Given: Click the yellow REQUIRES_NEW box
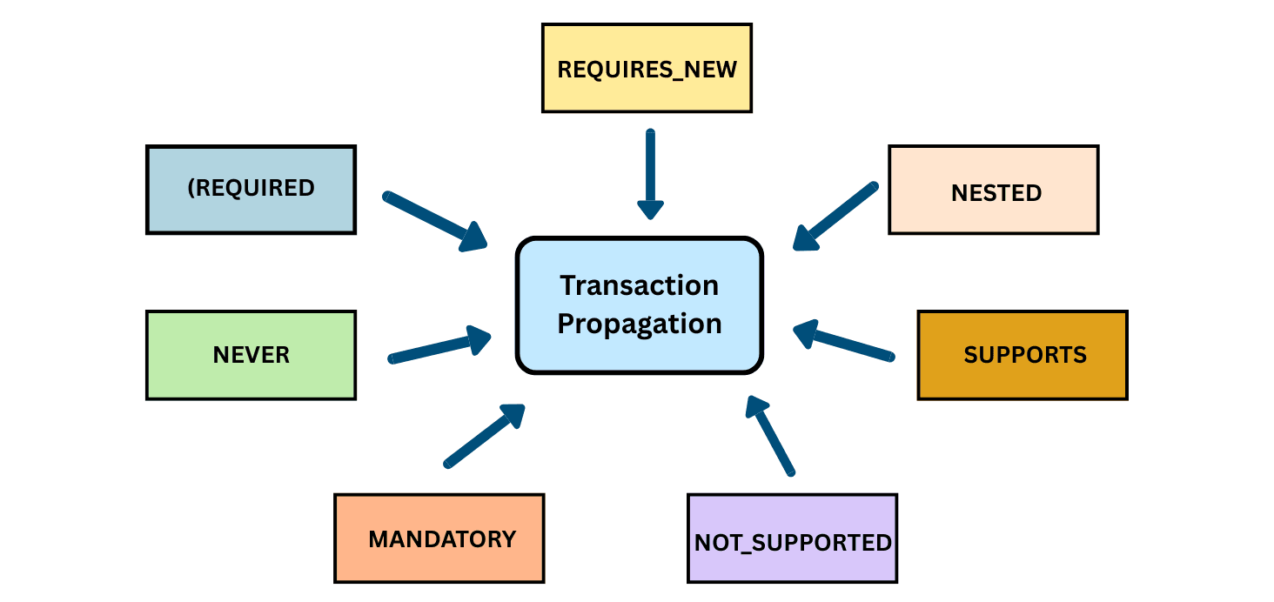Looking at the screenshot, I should tap(647, 68).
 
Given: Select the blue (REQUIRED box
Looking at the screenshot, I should tap(251, 190).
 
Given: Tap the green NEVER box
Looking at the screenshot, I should tap(251, 355).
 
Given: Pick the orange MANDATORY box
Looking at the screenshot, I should tap(439, 538).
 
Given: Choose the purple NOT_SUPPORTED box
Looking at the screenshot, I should tap(792, 538).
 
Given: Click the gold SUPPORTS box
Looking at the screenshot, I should tap(1023, 355).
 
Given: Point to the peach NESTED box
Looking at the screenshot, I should tap(993, 190).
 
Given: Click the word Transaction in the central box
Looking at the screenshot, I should tap(640, 284).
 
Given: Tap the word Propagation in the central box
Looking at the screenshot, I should tap(640, 324).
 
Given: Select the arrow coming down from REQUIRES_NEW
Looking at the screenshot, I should tap(650, 174).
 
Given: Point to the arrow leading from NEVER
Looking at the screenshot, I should tap(439, 347).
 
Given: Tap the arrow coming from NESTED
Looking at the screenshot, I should tap(835, 217).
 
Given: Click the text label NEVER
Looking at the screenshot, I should tap(251, 355).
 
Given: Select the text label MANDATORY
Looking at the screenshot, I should tap(442, 539).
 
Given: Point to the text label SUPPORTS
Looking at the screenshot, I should tap(1025, 355).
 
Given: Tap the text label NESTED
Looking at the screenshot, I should tap(996, 192).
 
